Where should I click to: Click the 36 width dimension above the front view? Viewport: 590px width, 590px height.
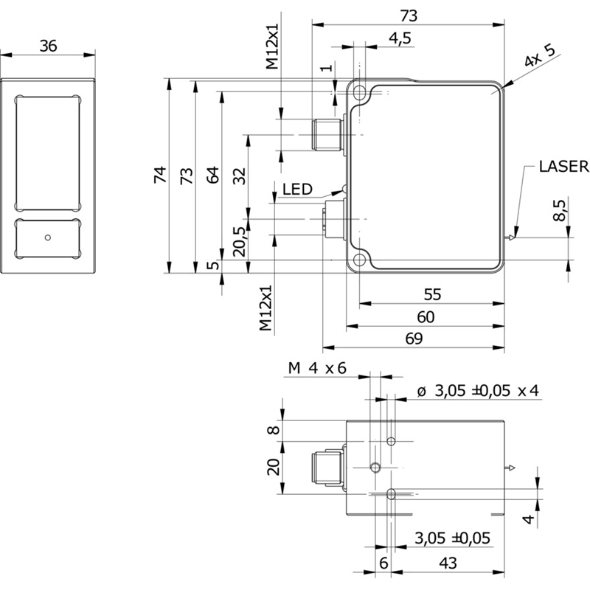click(x=48, y=46)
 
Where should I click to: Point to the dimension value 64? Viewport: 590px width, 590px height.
click(x=212, y=176)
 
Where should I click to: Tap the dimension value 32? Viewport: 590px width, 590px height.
click(x=239, y=176)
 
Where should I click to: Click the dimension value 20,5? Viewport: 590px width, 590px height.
click(x=239, y=240)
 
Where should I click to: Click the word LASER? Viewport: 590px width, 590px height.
click(x=563, y=167)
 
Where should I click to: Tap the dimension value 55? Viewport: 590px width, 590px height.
click(x=432, y=294)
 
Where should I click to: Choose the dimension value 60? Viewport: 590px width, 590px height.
click(x=426, y=316)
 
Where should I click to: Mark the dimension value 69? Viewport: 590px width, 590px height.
click(x=414, y=339)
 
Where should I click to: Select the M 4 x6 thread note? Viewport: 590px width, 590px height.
click(x=317, y=369)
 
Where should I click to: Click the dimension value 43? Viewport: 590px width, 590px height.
click(x=448, y=563)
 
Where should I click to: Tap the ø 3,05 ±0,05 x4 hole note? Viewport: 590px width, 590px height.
click(x=478, y=392)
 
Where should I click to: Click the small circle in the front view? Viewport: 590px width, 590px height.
click(x=48, y=237)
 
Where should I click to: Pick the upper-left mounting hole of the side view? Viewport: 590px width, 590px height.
click(x=360, y=94)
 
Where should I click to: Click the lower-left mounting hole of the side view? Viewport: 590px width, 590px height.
click(x=360, y=260)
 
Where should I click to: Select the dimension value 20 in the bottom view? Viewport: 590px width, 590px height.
click(x=273, y=467)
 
